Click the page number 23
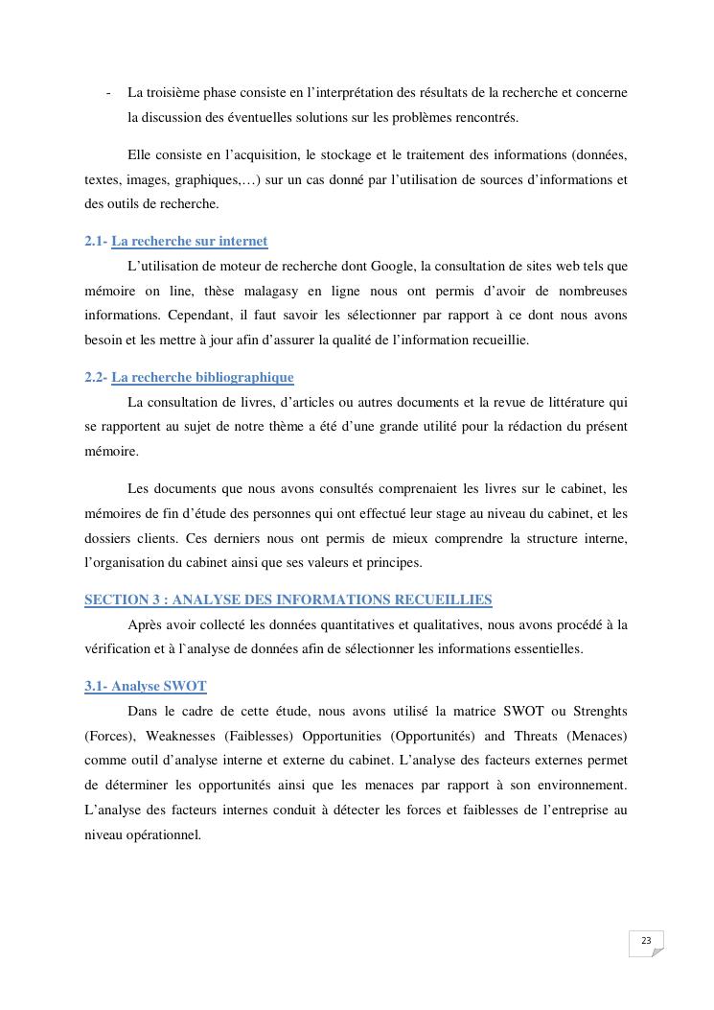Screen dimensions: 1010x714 point(646,941)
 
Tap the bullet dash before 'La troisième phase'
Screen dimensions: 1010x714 point(108,93)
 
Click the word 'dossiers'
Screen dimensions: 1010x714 point(107,538)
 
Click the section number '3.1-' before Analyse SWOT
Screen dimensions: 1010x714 point(96,687)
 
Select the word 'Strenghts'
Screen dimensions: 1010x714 point(598,711)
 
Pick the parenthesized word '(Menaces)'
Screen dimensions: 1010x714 point(598,736)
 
